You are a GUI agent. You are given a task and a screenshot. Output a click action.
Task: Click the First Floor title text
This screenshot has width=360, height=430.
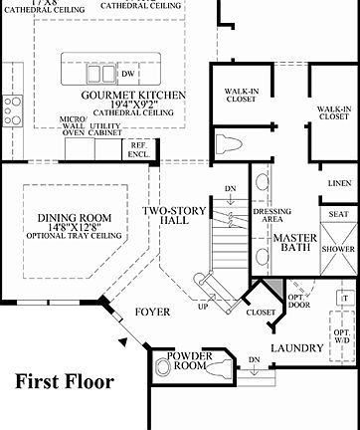point(64,381)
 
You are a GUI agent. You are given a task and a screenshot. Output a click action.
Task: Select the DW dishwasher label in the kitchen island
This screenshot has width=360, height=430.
point(127,75)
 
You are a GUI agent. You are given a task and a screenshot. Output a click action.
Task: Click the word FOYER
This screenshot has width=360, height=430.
point(154,313)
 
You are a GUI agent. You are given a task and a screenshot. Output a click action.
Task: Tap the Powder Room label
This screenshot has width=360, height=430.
point(191,361)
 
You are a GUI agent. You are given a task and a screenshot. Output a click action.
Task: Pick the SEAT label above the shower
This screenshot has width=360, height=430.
point(337,214)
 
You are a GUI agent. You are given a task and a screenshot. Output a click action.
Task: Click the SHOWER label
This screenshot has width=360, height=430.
point(337,250)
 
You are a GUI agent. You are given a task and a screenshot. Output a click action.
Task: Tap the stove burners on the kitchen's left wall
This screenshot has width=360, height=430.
point(9,107)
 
